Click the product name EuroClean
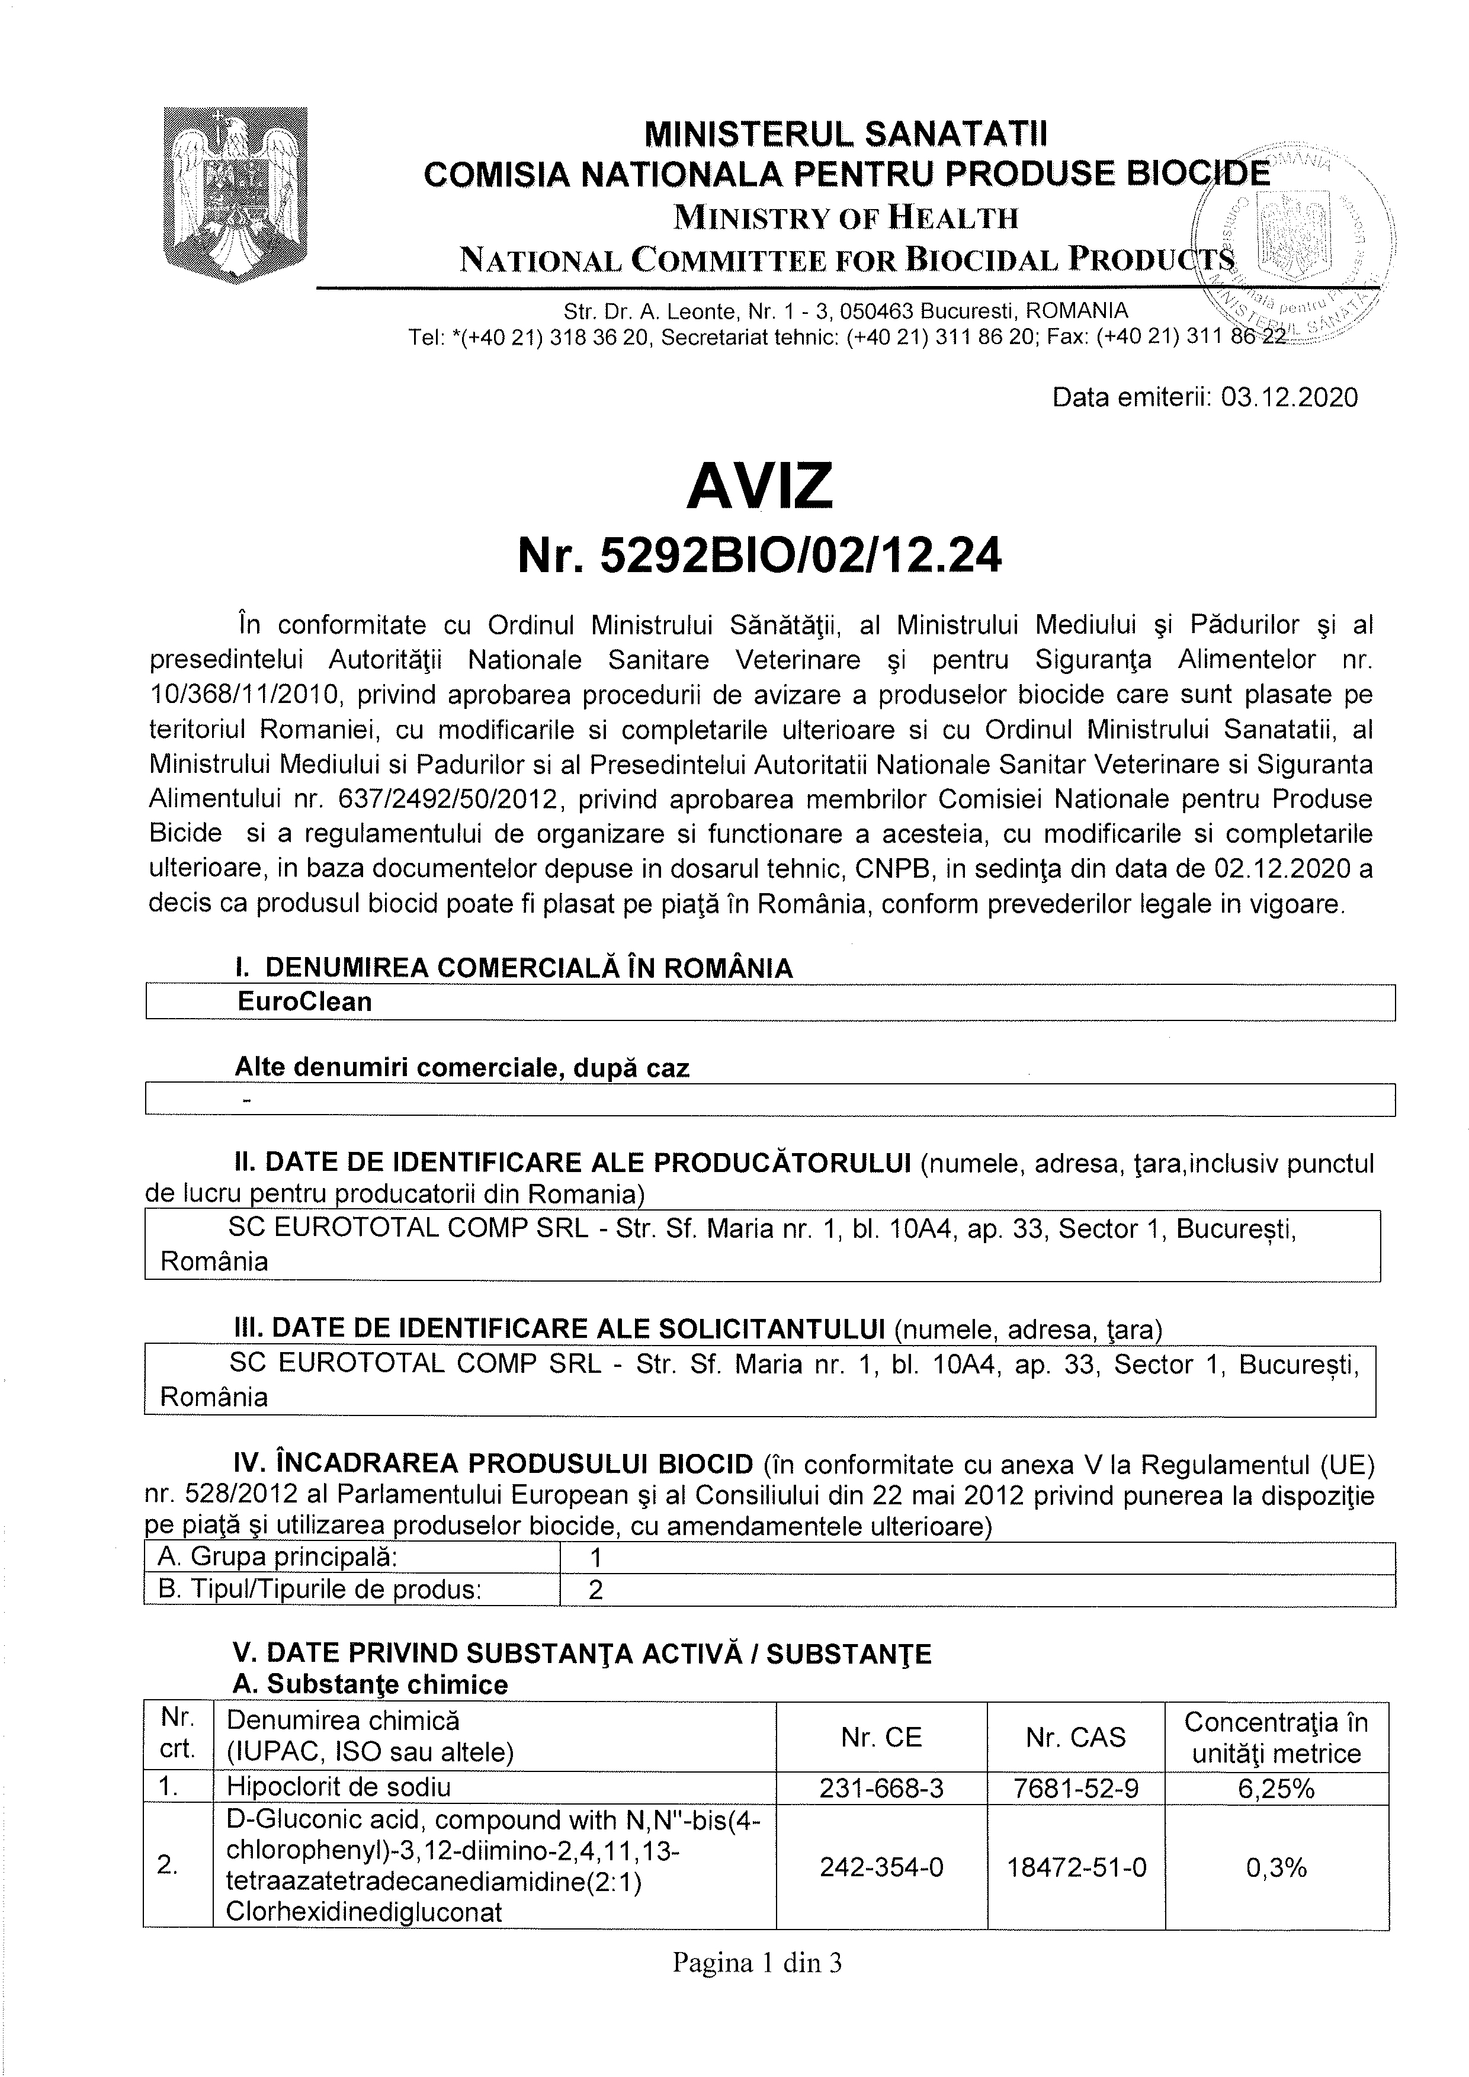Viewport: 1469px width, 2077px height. point(305,1001)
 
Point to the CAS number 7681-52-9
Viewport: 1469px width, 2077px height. point(1076,1787)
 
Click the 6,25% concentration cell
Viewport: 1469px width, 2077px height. point(1276,1787)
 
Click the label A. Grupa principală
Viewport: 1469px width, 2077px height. point(278,1557)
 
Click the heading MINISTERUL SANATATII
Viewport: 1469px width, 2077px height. point(846,134)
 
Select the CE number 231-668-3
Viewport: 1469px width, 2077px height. point(881,1787)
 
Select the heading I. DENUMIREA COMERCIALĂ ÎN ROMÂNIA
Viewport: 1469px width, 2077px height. point(514,967)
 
